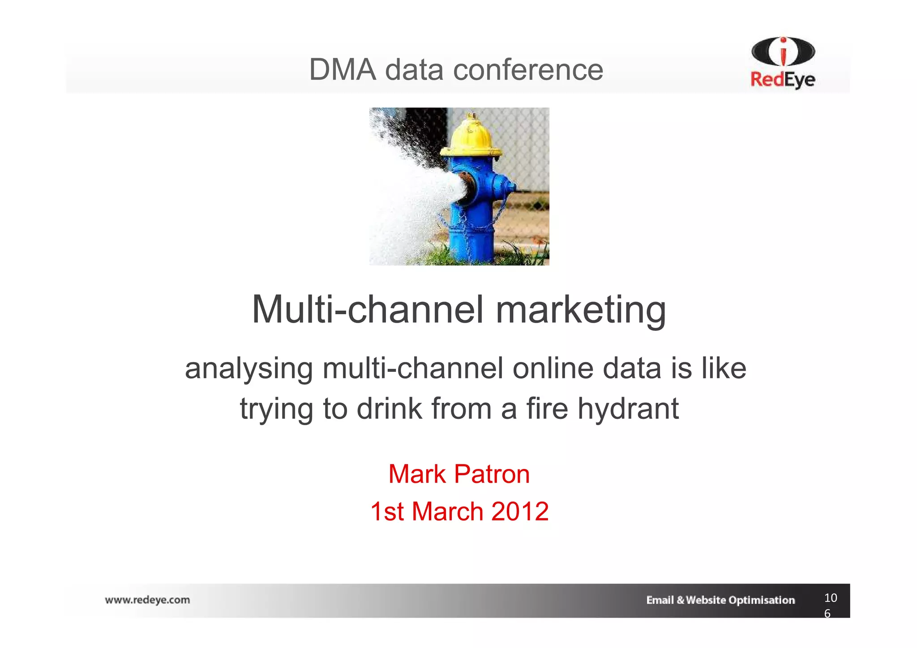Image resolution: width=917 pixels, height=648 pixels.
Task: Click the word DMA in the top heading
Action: (x=343, y=70)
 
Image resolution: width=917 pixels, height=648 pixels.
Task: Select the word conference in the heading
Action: (x=528, y=70)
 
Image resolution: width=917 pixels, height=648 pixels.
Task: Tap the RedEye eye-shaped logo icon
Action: (x=783, y=52)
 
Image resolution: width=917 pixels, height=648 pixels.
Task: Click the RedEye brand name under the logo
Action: (x=783, y=80)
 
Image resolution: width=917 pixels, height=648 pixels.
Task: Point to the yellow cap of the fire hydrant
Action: (x=470, y=136)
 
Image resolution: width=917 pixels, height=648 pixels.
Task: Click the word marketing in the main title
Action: (x=581, y=310)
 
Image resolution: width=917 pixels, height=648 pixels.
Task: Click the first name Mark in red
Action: (x=417, y=474)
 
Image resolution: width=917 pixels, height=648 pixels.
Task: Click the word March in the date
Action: (x=447, y=511)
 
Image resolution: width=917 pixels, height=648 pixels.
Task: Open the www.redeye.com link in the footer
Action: (x=147, y=600)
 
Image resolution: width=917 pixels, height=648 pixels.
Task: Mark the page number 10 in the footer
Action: (x=831, y=598)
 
